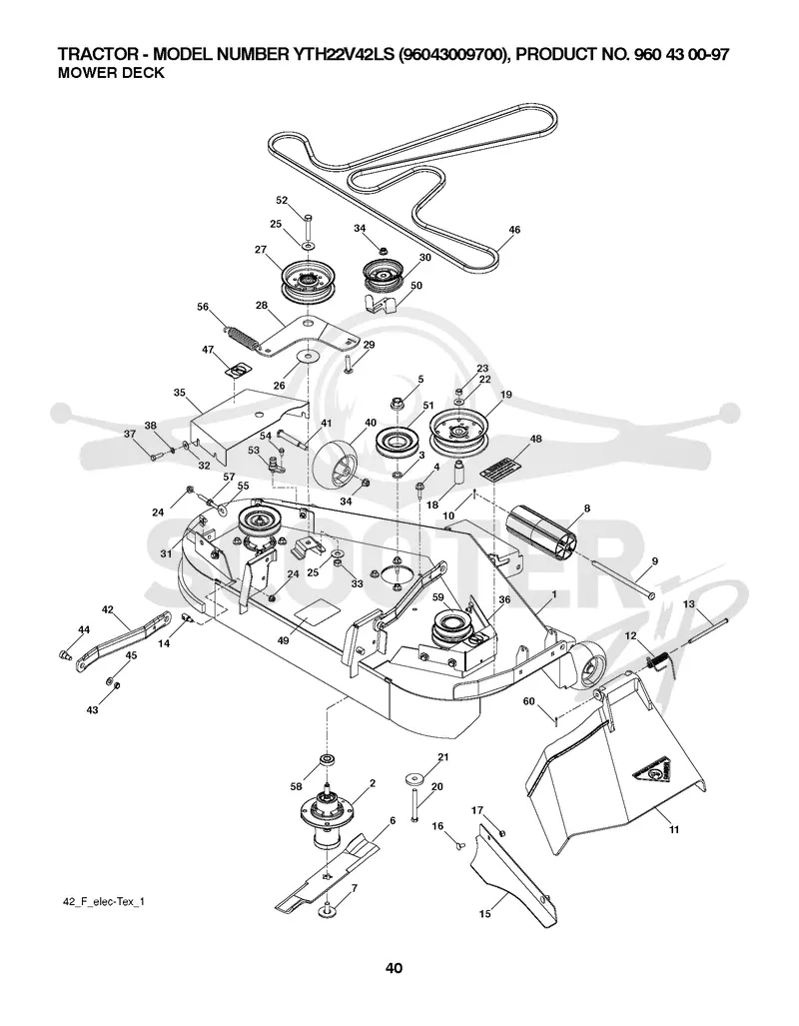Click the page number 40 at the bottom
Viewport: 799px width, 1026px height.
pos(394,968)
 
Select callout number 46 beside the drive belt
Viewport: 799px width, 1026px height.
pos(514,230)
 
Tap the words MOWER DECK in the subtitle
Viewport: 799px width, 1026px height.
pos(111,73)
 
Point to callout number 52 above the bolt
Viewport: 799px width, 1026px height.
pos(282,200)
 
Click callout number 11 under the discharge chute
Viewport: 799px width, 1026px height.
pos(674,829)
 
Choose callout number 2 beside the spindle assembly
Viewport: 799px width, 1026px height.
pos(373,782)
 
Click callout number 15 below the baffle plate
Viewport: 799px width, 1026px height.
pos(485,913)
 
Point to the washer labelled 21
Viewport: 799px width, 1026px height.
pos(412,779)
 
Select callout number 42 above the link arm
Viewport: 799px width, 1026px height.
pos(108,609)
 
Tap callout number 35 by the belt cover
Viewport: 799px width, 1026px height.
pos(180,394)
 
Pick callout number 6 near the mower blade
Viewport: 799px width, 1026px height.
pos(393,820)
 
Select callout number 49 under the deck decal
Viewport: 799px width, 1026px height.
pos(283,641)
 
